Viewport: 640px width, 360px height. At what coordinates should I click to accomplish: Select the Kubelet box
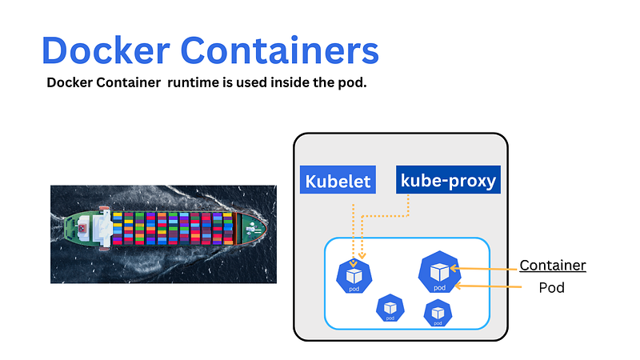click(x=338, y=181)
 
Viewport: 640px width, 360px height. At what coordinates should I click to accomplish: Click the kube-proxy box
click(x=448, y=180)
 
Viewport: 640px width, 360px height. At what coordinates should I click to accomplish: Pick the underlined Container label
click(x=553, y=266)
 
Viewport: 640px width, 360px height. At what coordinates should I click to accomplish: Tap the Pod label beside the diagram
click(x=552, y=287)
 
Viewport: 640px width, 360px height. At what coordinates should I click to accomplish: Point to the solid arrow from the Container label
click(x=488, y=268)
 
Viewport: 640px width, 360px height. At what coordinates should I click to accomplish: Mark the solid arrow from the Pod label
click(x=488, y=285)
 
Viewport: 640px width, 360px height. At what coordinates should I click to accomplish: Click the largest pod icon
click(x=439, y=272)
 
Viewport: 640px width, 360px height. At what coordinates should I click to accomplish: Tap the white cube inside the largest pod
click(x=439, y=269)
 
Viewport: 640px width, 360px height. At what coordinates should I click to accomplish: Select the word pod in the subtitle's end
click(x=351, y=83)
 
